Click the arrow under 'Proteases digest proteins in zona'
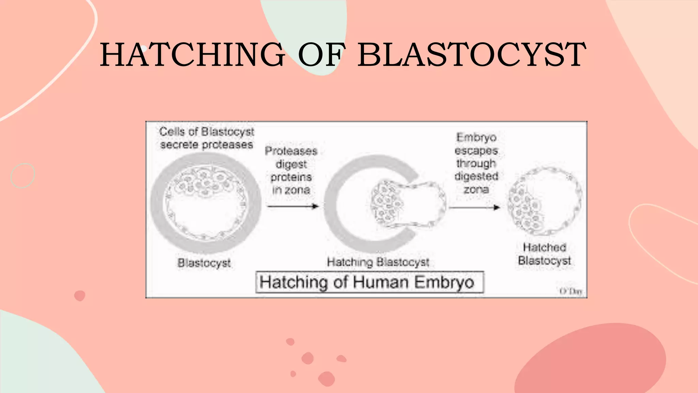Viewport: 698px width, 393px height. (293, 206)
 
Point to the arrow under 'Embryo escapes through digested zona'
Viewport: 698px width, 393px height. (474, 207)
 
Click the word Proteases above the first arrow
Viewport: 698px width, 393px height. (291, 151)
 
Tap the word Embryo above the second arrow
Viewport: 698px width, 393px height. (476, 137)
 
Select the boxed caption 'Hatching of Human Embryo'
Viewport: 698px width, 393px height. (369, 282)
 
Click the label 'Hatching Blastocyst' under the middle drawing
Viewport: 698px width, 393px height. (378, 262)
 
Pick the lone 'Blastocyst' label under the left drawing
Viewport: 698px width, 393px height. (204, 263)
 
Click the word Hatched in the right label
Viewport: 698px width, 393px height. (544, 247)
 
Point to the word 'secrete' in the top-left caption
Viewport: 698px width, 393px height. (179, 145)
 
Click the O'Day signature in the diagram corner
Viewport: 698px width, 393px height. (571, 291)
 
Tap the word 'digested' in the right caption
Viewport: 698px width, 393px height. (476, 176)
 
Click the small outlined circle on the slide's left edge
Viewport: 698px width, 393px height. (23, 176)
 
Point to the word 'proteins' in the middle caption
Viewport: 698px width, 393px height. (291, 177)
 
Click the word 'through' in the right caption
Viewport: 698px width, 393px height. (476, 163)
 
